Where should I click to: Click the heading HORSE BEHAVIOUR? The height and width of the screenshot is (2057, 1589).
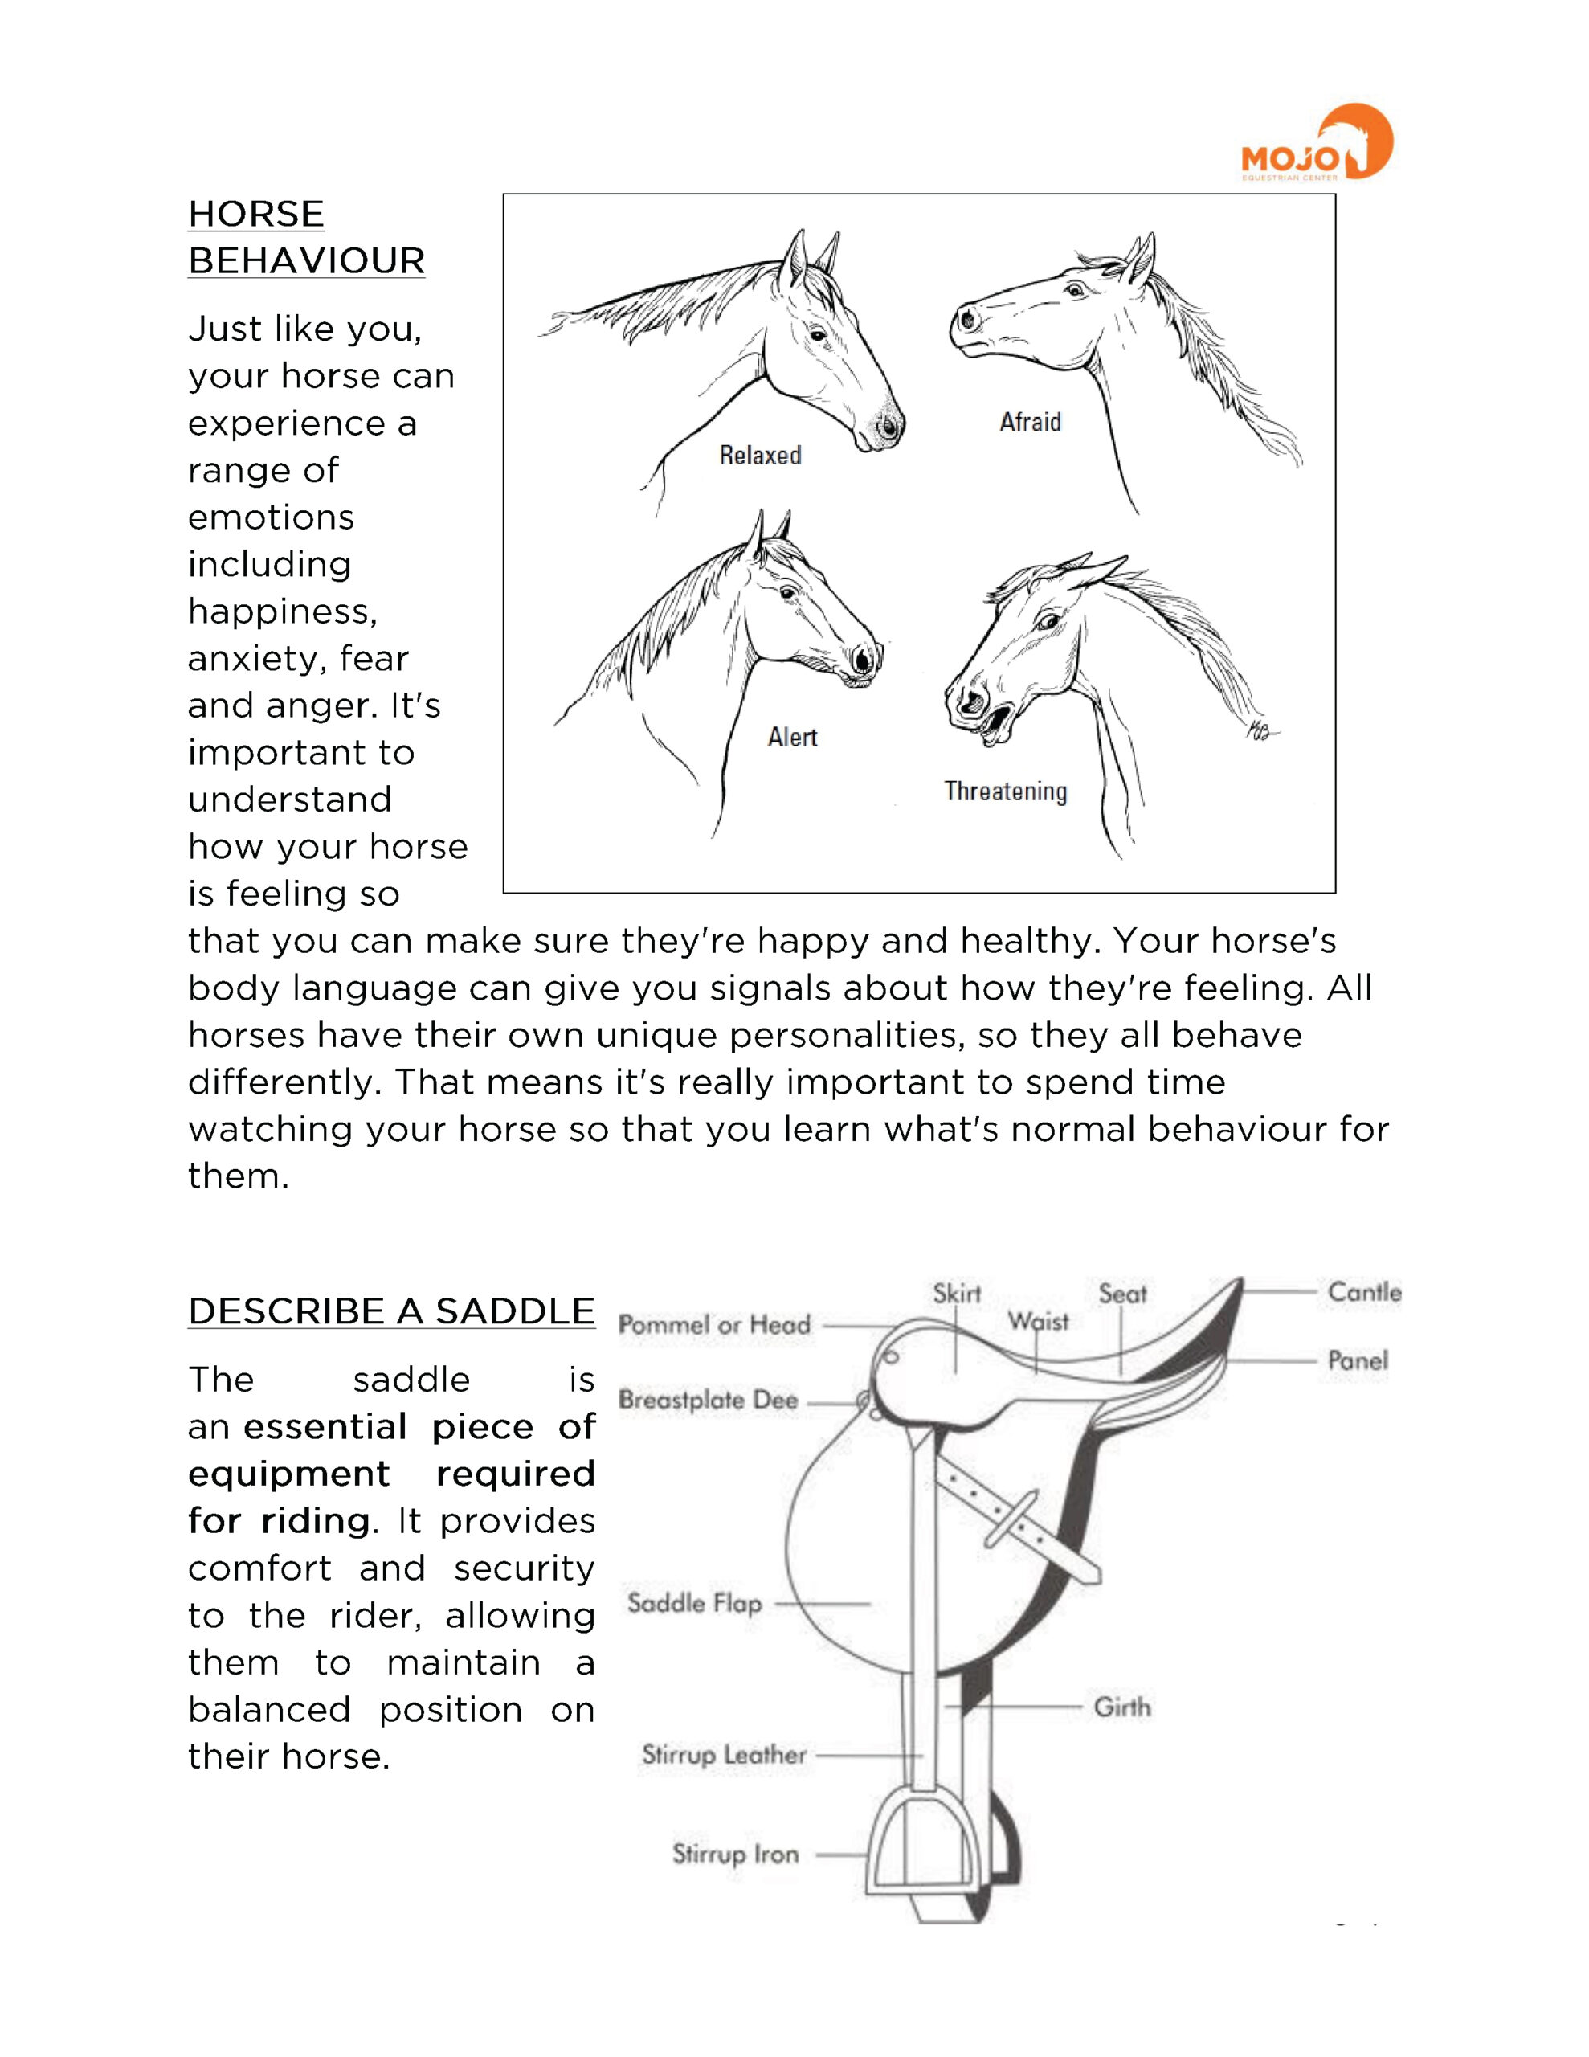[306, 237]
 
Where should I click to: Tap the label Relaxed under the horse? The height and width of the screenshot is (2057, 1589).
[760, 456]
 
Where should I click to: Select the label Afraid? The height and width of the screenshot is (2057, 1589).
[1030, 422]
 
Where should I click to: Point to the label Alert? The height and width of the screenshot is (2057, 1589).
[792, 737]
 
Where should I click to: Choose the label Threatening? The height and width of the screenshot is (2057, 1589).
[1005, 791]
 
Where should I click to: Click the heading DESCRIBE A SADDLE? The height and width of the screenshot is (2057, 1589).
[391, 1311]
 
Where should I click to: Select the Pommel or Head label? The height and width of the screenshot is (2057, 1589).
[714, 1325]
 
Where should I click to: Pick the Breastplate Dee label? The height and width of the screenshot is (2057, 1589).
[709, 1401]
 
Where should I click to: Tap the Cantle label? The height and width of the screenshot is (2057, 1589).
[1364, 1292]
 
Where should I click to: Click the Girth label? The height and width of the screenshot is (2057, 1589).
[1121, 1707]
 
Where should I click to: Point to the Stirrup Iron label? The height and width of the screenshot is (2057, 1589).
[735, 1854]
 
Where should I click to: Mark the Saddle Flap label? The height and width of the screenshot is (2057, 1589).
[694, 1602]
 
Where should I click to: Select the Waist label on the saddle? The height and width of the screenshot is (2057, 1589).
[1038, 1322]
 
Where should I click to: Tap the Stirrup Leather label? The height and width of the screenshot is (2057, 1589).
[723, 1755]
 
